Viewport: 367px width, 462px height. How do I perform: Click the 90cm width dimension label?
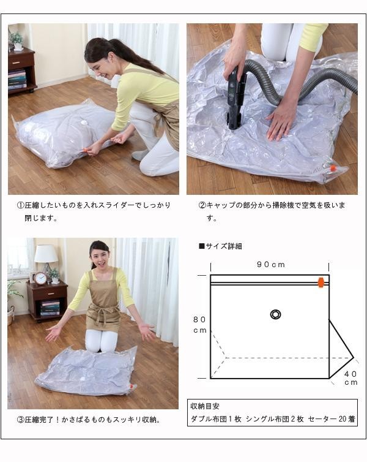(x=271, y=265)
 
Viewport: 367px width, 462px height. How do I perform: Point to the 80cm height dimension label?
(x=199, y=325)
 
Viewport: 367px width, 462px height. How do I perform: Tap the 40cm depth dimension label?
(x=351, y=378)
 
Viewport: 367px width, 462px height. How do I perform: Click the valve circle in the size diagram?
(x=275, y=314)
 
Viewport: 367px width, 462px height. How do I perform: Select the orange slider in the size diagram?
(x=321, y=282)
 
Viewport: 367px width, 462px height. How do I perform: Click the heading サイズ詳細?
(x=220, y=246)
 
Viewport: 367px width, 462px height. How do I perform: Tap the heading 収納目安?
(x=205, y=406)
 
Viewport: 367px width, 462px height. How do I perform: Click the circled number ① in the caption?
(x=20, y=205)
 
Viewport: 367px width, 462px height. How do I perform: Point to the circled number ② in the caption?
(x=202, y=205)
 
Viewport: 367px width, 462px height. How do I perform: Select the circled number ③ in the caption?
(x=20, y=420)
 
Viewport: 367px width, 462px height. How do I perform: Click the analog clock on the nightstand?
(x=40, y=278)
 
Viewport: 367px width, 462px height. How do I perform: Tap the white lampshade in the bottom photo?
(x=46, y=254)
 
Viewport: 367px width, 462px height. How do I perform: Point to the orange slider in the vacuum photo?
(x=333, y=169)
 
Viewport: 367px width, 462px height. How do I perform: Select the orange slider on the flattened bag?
(x=132, y=386)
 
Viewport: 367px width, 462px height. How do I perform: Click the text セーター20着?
(x=332, y=419)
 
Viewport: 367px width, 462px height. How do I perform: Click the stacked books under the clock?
(x=50, y=308)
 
